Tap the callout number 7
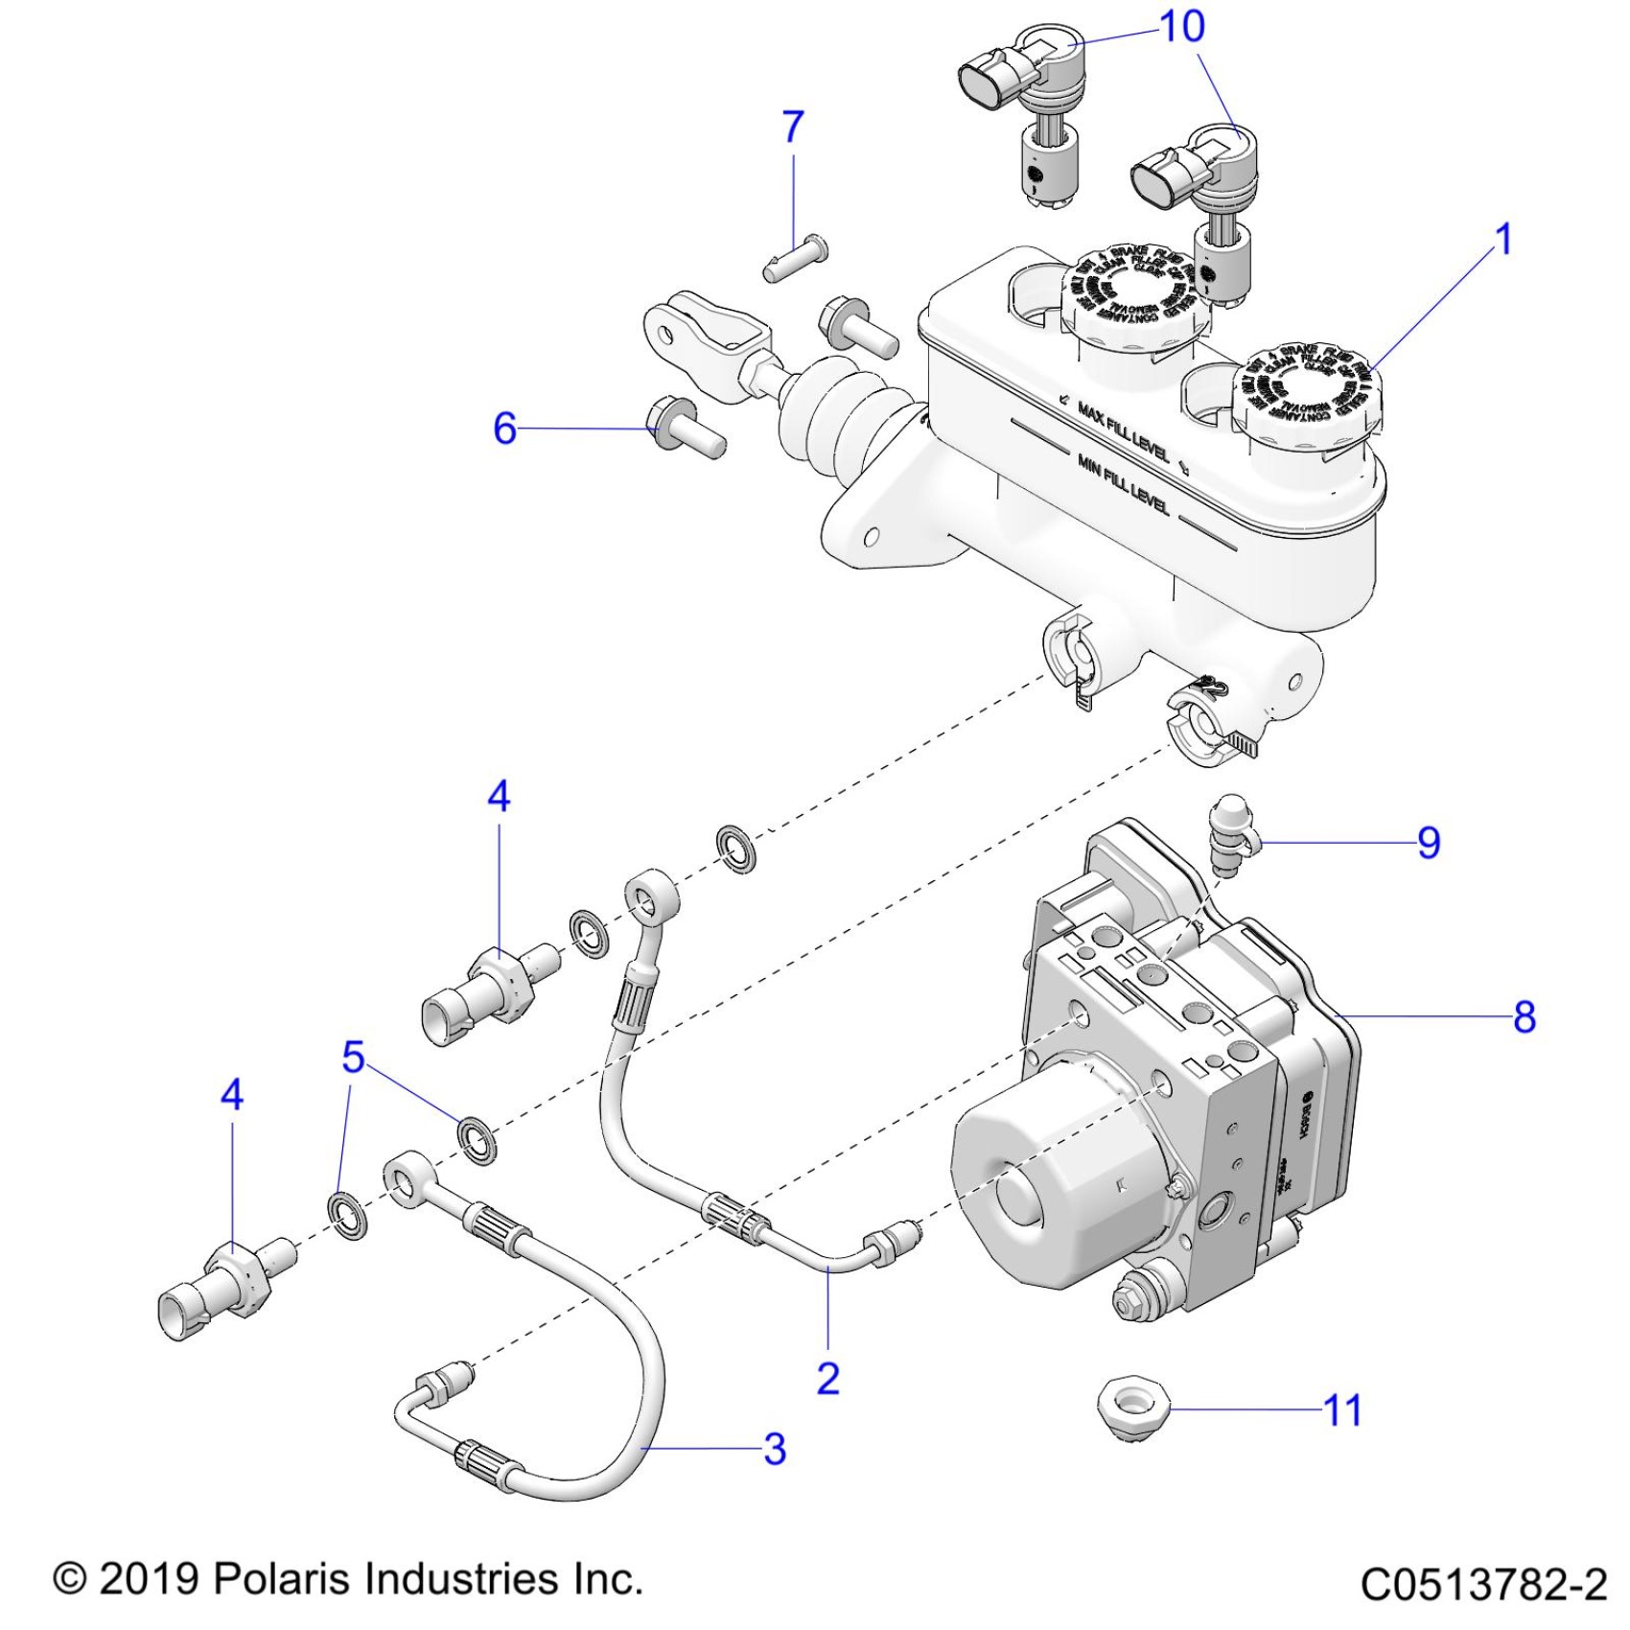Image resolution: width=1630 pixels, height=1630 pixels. coord(793,128)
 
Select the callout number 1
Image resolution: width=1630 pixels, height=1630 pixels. coord(1503,240)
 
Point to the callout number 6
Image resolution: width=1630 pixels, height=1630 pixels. coord(504,429)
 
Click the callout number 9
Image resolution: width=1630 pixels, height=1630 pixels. coord(1429,843)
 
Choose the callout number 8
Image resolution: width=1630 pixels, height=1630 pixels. coord(1525,1016)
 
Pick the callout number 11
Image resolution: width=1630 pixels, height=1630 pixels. coord(1342,1410)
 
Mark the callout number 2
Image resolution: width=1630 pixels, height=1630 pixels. coord(828,1378)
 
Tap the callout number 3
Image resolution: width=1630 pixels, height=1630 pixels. coord(775,1449)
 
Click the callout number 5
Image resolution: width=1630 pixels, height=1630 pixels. coord(354,1057)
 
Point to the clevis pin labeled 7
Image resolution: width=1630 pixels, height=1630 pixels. coord(797,257)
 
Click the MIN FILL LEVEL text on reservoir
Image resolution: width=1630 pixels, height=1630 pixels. coord(1123,484)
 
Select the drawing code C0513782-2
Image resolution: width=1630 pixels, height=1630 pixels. coord(1483,1584)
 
